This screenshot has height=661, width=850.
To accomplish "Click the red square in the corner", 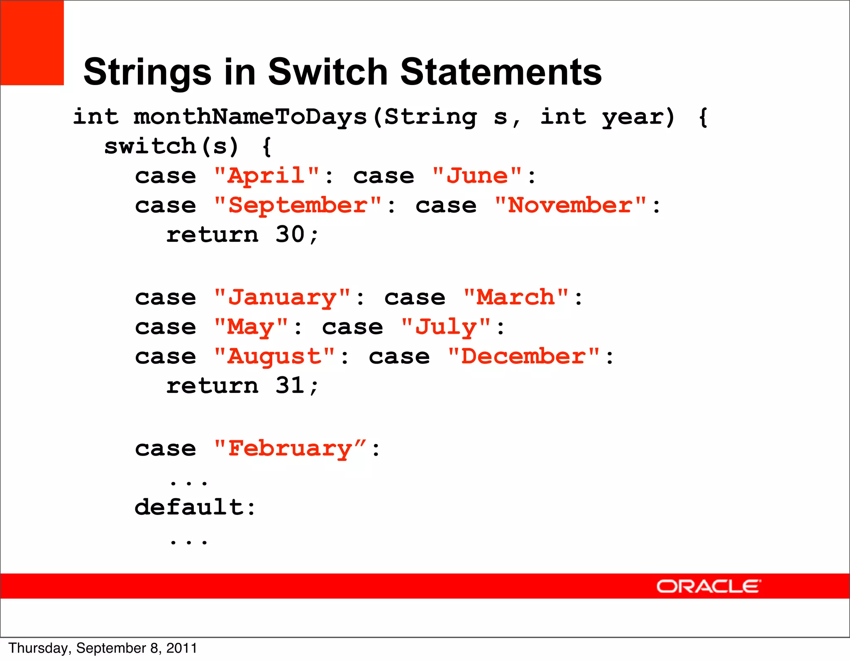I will point(32,43).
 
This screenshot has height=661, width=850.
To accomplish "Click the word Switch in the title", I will point(327,72).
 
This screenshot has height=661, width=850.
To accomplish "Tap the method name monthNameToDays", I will point(250,117).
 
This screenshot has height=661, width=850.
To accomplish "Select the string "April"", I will point(266,176).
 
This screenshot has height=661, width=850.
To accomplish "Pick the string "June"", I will point(477,176).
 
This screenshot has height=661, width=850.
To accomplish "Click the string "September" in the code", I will point(298,206).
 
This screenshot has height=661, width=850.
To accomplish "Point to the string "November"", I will point(570,206).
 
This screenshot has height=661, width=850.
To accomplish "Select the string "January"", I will point(282,298).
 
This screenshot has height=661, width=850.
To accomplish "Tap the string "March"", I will point(516,298).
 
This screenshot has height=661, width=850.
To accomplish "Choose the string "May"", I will point(251,327).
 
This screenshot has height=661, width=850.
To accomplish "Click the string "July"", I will point(446,327).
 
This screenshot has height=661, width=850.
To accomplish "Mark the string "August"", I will point(274,357).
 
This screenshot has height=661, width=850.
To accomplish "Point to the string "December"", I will point(524,357).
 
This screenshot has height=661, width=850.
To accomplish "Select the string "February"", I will point(290,449).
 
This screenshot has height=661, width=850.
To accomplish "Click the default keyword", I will point(189,507).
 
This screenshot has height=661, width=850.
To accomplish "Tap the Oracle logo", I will point(708,586).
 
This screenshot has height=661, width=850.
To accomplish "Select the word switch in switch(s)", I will point(149,146).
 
